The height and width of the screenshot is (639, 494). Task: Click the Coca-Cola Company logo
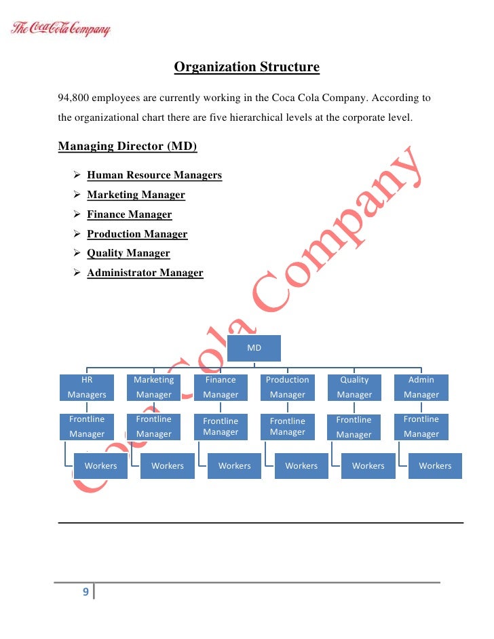click(60, 30)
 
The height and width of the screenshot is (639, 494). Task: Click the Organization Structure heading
click(246, 67)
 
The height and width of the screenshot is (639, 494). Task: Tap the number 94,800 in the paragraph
click(75, 98)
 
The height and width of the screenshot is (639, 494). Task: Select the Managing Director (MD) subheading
click(128, 147)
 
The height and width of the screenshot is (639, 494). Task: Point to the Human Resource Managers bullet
click(154, 176)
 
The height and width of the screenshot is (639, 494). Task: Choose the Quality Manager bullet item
click(128, 254)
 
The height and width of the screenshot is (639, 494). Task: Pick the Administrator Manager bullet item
click(145, 273)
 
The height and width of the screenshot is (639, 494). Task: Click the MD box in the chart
click(254, 348)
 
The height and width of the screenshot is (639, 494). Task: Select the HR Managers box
click(87, 387)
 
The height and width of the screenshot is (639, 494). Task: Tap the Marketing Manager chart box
click(153, 387)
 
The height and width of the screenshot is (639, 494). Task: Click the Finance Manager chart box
click(221, 387)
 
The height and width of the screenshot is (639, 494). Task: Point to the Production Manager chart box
click(287, 387)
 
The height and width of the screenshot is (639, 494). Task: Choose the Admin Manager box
click(421, 387)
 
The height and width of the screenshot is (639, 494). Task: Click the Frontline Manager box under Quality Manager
click(354, 427)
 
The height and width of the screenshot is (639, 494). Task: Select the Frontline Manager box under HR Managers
click(87, 427)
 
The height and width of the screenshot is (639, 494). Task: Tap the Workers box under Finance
click(234, 466)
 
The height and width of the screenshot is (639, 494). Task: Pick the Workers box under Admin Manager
click(435, 466)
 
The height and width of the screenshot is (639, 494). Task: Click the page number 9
click(85, 592)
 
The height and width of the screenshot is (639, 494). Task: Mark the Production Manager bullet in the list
click(137, 234)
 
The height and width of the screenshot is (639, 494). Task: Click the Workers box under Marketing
click(168, 466)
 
